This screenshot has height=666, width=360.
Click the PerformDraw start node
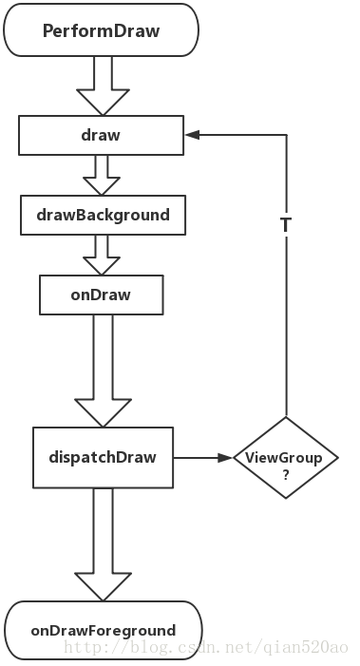click(x=101, y=30)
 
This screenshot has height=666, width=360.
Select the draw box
click(x=101, y=135)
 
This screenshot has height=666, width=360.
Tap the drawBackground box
click(x=103, y=215)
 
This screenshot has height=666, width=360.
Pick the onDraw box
click(x=100, y=295)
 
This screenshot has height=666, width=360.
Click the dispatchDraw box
click(x=103, y=457)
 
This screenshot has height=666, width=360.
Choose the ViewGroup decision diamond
click(x=285, y=458)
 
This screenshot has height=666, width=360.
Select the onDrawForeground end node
click(x=103, y=630)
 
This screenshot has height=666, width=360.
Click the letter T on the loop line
click(x=285, y=225)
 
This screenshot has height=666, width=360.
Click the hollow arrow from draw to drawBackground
click(x=101, y=175)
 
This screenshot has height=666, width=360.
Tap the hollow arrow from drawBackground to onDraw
click(x=101, y=255)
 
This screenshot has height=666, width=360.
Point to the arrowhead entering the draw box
click(x=193, y=135)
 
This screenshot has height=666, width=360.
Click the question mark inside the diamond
click(x=285, y=473)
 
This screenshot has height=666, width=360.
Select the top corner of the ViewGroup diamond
click(x=285, y=418)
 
